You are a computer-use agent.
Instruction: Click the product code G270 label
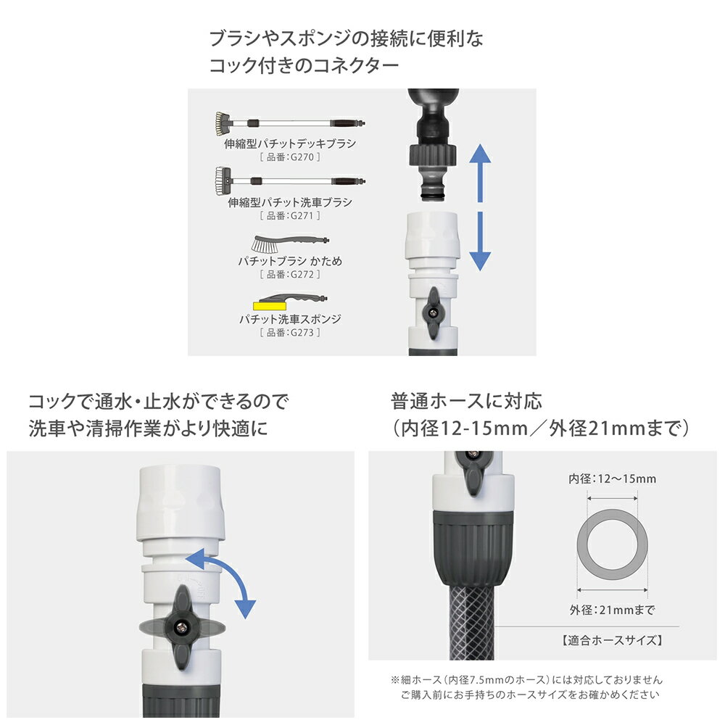pos(290,157)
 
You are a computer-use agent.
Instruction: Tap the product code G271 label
pos(290,215)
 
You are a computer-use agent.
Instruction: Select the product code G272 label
pos(290,274)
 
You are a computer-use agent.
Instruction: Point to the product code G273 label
pos(290,332)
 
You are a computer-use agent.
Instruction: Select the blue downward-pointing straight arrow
pos(479,241)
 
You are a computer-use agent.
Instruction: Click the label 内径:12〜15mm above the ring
pos(612,479)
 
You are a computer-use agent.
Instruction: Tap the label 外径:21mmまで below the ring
pos(612,610)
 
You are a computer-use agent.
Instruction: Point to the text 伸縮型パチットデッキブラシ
pos(290,144)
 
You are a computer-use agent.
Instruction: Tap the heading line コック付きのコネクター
pos(304,65)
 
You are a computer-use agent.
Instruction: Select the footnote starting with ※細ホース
pos(526,680)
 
